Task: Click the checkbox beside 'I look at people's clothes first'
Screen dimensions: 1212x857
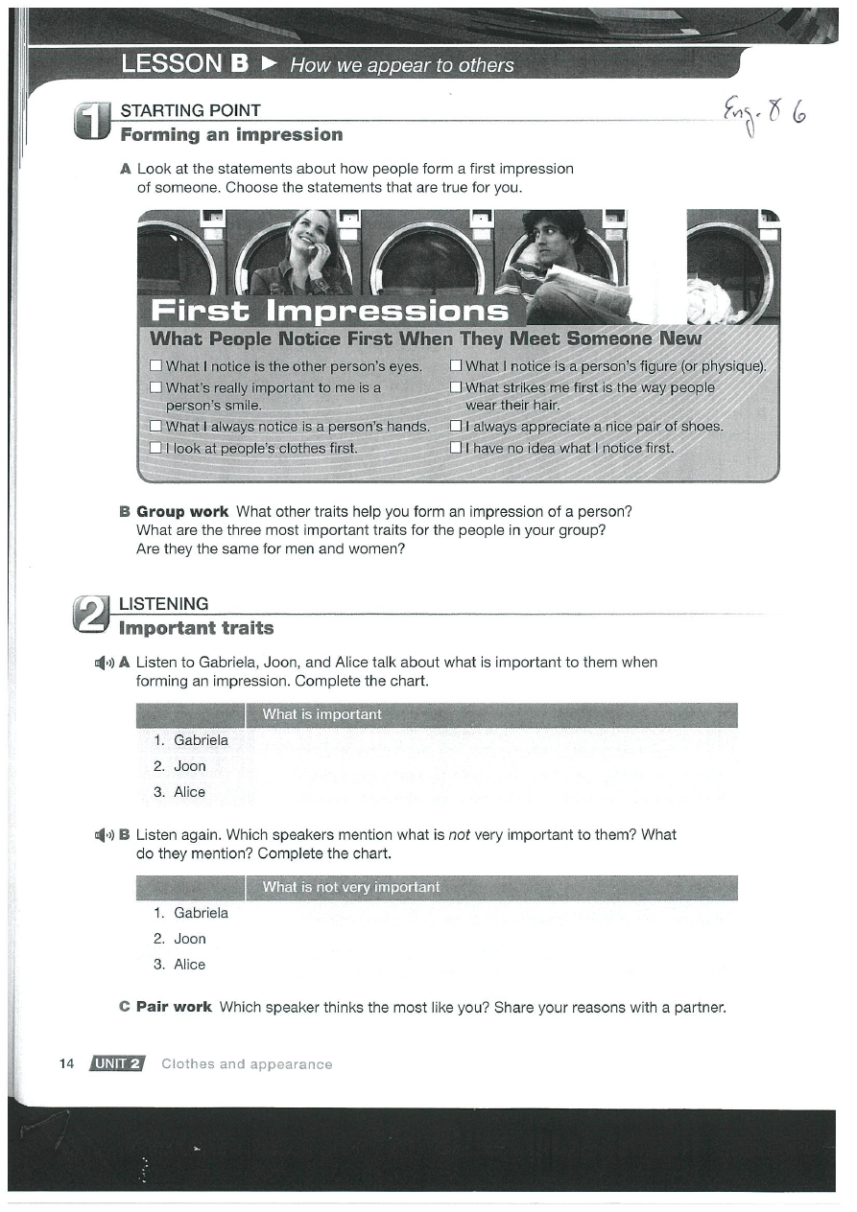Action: (155, 448)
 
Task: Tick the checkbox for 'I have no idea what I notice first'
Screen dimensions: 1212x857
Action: (457, 448)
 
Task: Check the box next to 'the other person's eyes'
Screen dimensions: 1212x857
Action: (155, 366)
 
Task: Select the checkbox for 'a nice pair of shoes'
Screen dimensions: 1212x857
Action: (457, 427)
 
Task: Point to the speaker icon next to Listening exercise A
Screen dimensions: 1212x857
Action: (104, 663)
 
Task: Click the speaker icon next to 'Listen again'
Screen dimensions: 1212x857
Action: (104, 835)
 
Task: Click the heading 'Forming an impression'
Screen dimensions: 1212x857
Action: (231, 135)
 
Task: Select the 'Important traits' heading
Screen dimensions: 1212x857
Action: (196, 629)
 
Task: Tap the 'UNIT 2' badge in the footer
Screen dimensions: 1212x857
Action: (116, 1063)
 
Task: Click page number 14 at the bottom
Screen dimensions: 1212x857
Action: (66, 1063)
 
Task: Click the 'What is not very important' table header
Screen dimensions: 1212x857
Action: (351, 887)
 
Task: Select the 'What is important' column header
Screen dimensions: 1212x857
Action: (321, 714)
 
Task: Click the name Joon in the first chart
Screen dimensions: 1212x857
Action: (189, 766)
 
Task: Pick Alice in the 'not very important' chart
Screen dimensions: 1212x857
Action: (189, 965)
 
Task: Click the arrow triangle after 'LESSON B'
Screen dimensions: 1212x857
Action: (270, 64)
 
